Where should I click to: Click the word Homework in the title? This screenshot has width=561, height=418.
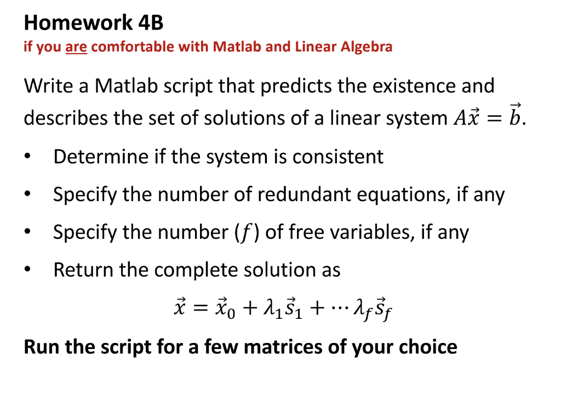click(78, 23)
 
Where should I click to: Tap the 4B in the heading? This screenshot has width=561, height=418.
click(151, 23)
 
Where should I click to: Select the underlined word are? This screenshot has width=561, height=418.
click(76, 47)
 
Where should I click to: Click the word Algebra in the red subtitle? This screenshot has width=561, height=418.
click(367, 47)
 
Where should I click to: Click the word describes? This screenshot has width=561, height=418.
click(66, 118)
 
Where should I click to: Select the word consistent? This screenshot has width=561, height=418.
click(337, 157)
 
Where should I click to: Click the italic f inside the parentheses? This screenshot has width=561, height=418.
click(245, 233)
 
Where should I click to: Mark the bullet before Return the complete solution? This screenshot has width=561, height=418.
click(27, 270)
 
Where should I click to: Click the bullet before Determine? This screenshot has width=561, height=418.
click(27, 157)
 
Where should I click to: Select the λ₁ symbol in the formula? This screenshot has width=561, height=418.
click(273, 308)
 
